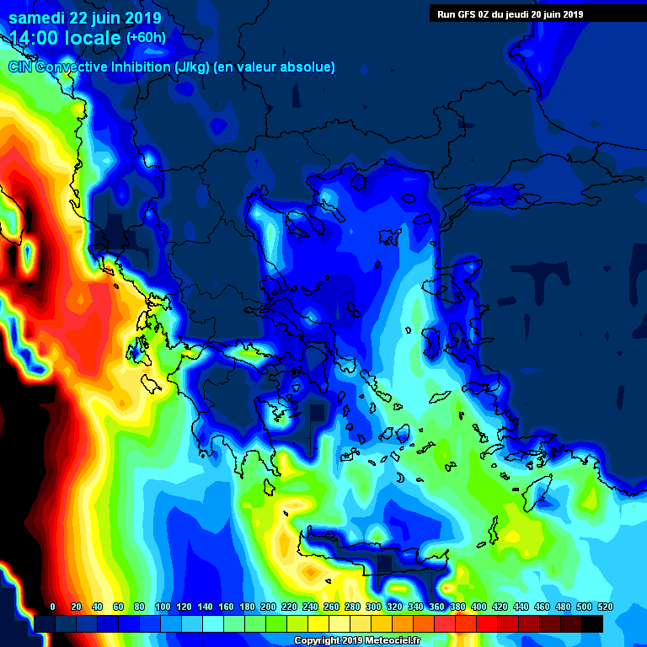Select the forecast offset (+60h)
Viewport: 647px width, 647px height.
point(146,38)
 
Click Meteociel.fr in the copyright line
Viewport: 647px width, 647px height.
point(382,641)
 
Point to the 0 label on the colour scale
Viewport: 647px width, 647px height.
point(52,607)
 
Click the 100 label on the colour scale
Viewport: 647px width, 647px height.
point(162,607)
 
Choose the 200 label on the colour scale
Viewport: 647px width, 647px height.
point(268,607)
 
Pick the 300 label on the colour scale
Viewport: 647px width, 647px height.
point(373,607)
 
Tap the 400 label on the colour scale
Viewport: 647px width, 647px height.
point(479,607)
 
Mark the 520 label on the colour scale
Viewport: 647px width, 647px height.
point(605,607)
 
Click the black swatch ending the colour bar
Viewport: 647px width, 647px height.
point(592,623)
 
